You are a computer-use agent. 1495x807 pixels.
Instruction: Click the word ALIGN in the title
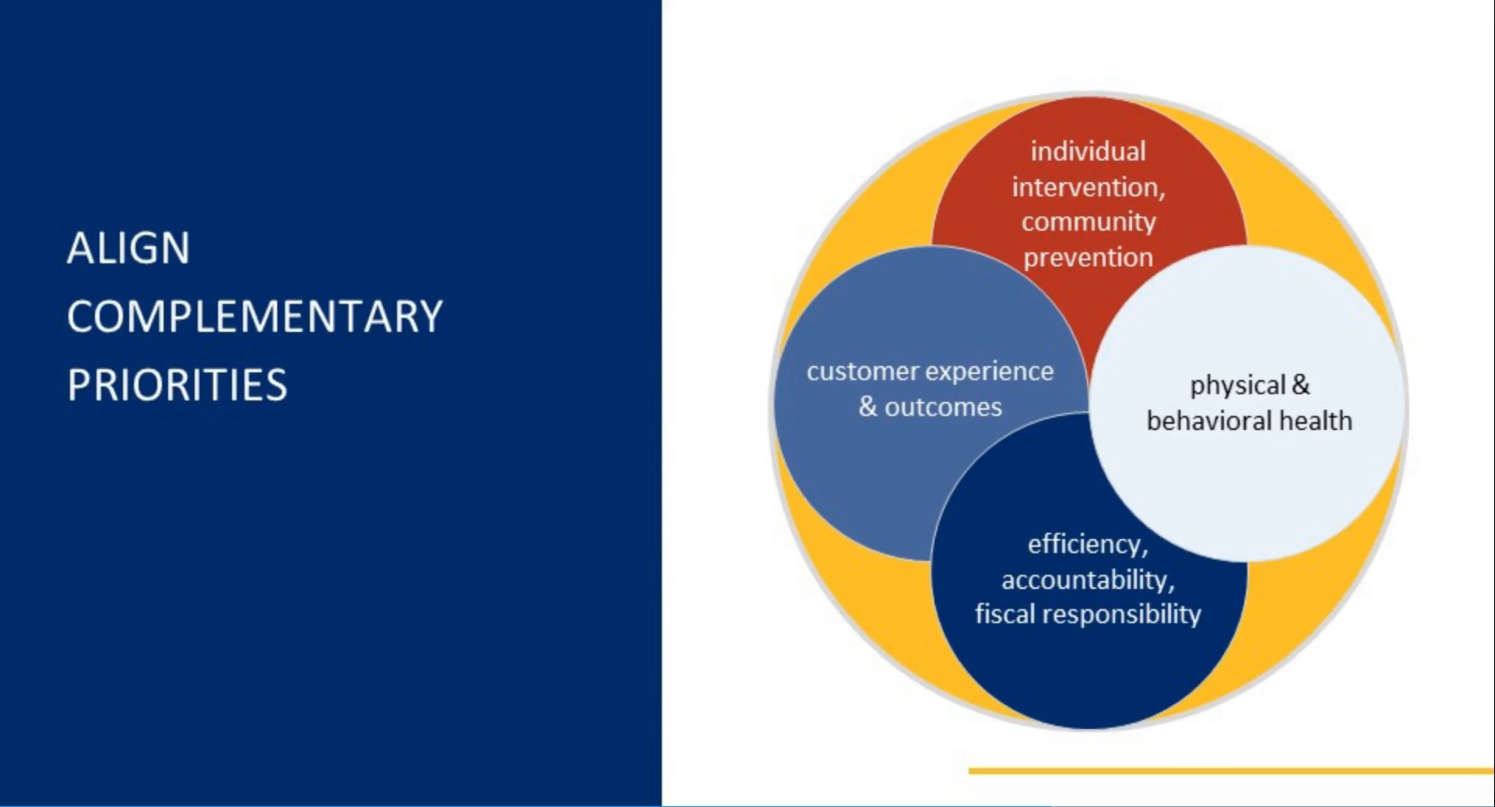coord(128,248)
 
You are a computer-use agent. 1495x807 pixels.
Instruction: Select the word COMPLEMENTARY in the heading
coord(255,317)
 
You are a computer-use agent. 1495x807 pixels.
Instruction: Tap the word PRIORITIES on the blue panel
coord(178,385)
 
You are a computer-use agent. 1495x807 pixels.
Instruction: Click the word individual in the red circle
coord(1088,151)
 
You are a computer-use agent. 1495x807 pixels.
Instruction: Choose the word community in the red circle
coord(1089,223)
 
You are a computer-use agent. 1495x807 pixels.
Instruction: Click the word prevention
coord(1088,258)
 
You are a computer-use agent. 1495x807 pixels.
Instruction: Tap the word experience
coord(990,372)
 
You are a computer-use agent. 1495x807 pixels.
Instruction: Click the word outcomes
coord(943,407)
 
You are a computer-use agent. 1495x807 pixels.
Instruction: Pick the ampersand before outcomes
coord(868,407)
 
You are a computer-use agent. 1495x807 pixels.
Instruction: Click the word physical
coord(1237,386)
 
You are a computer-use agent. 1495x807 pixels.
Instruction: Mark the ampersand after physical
coord(1301,385)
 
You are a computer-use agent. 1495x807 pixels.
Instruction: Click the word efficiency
coord(1088,544)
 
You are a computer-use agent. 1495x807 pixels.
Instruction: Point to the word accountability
coord(1088,580)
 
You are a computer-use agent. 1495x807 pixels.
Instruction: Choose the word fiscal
coord(1005,615)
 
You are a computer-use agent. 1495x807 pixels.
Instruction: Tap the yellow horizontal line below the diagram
coord(1232,771)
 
